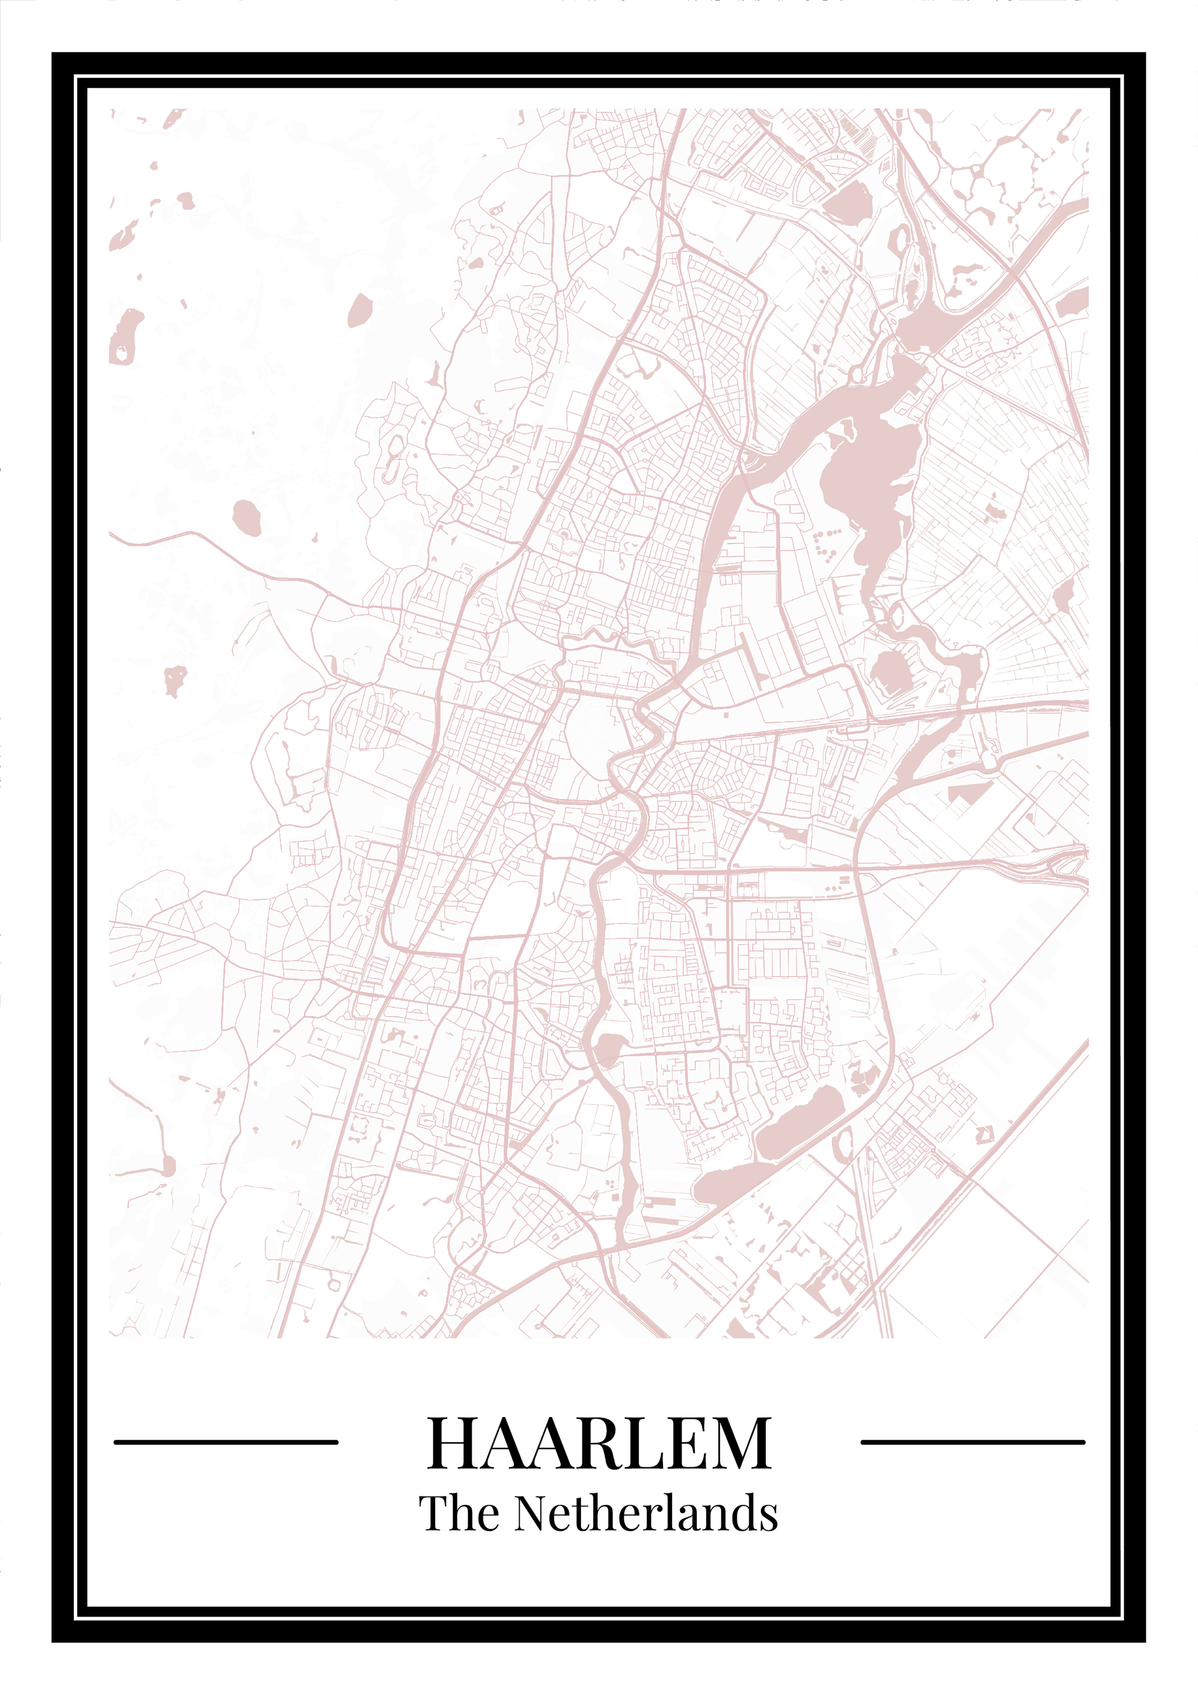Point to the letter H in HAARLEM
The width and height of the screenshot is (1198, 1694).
tap(451, 1442)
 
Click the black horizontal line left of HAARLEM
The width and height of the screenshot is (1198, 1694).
tap(226, 1441)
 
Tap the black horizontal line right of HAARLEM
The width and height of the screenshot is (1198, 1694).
tap(972, 1441)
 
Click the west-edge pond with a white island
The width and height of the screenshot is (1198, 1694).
tap(126, 335)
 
